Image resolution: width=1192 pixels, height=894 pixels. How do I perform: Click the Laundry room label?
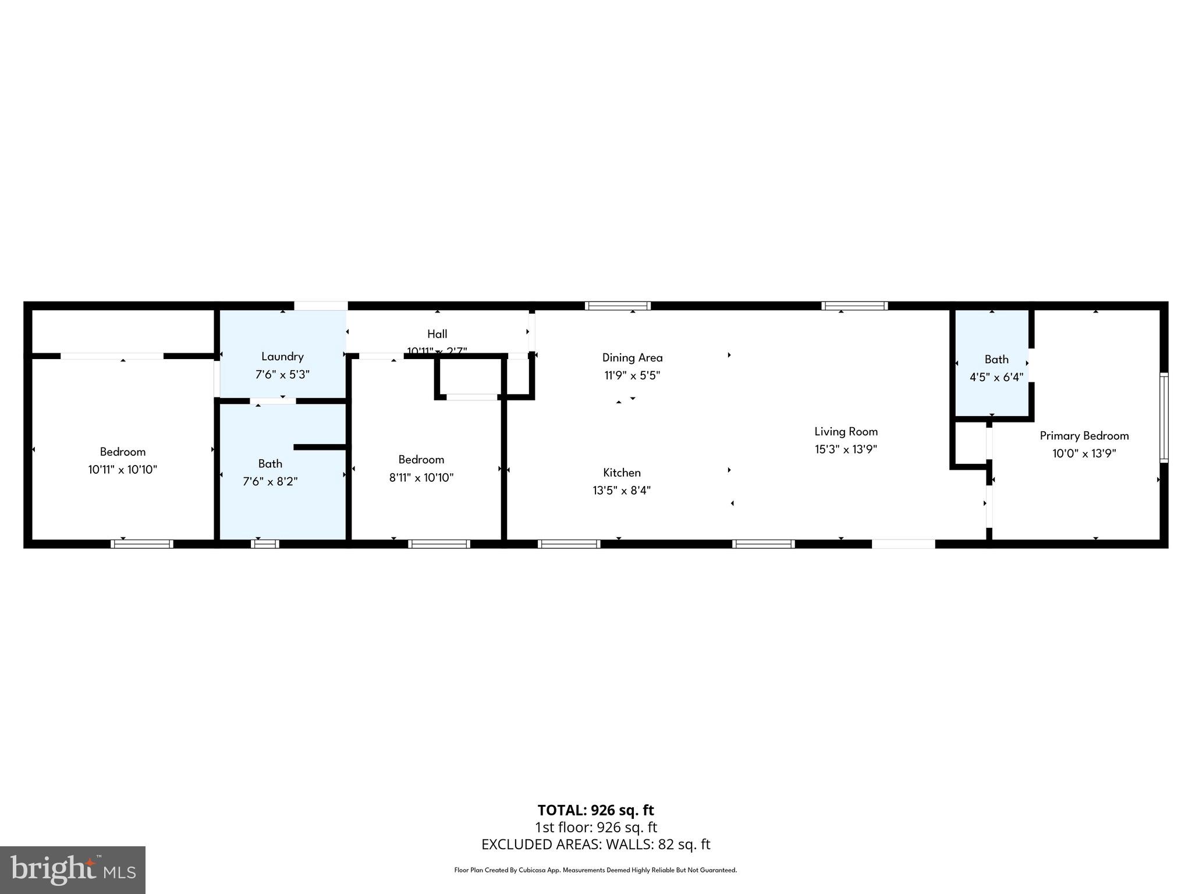(282, 356)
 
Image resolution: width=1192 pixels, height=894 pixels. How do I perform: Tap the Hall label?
(437, 334)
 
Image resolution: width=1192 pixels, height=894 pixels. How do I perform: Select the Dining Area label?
(632, 357)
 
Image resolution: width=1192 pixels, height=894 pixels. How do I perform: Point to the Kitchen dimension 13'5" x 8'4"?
(622, 490)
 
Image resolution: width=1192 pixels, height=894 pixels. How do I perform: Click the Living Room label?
(846, 431)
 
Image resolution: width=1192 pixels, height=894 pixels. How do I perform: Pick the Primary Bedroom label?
(1084, 435)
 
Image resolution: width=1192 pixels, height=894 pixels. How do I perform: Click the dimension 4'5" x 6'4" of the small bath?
(996, 377)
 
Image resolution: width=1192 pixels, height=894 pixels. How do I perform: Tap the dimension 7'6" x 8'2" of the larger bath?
(270, 481)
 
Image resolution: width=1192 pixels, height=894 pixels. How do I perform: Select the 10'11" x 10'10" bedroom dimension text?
(122, 469)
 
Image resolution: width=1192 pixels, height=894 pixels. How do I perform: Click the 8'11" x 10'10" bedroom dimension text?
(421, 477)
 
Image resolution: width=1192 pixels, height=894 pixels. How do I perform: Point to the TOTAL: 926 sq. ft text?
(595, 810)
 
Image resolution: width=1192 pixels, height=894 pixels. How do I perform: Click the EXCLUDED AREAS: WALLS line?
(595, 844)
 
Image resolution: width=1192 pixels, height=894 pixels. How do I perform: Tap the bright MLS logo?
(73, 870)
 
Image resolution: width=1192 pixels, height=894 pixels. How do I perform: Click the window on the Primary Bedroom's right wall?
(1163, 417)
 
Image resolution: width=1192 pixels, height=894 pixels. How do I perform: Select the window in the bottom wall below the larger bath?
(265, 544)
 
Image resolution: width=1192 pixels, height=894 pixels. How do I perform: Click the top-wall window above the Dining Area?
(618, 306)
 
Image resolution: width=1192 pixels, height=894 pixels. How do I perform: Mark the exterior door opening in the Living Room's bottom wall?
(903, 544)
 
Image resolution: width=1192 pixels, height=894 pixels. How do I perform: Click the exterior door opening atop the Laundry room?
(320, 306)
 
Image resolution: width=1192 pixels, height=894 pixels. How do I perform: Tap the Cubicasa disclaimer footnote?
(595, 870)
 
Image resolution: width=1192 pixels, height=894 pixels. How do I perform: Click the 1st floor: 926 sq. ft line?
(595, 827)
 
